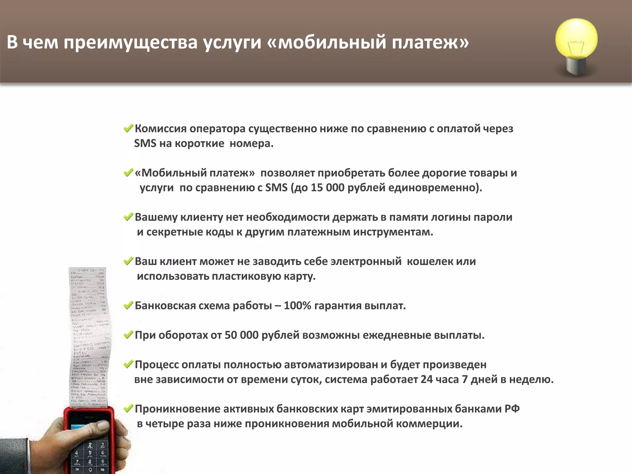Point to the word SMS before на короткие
tap(145, 143)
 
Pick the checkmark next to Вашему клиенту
tap(128, 217)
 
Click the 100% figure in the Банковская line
tap(297, 306)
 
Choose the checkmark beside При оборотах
tap(128, 335)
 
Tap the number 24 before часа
tap(426, 379)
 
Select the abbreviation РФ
tap(512, 409)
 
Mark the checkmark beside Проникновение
tap(128, 409)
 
